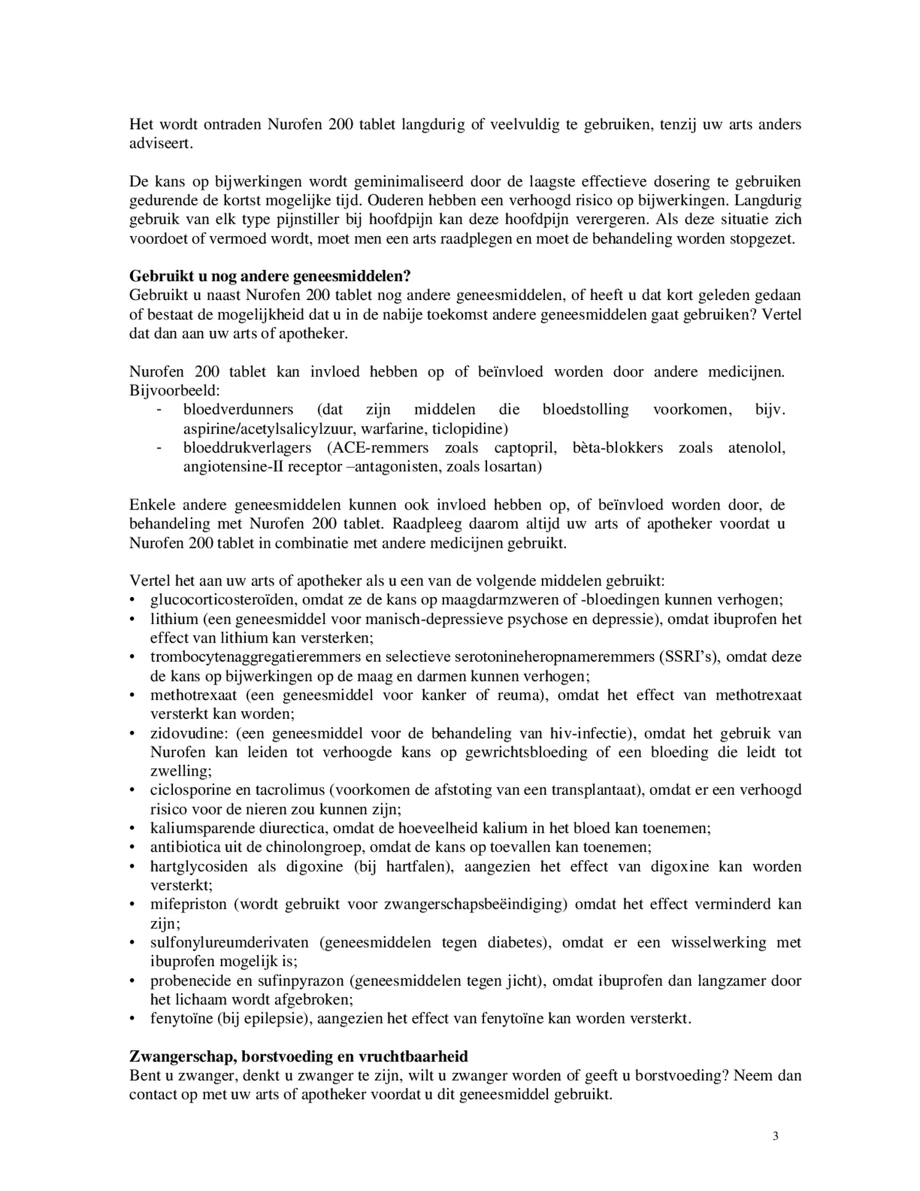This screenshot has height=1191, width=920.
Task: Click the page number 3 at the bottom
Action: tap(775, 1136)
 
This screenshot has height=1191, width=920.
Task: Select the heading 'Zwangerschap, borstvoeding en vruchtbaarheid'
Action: tap(299, 1056)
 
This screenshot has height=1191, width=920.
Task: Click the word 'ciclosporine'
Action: tap(188, 790)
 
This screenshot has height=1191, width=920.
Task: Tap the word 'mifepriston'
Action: tap(188, 904)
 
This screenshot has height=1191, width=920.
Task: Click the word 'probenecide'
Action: tap(189, 980)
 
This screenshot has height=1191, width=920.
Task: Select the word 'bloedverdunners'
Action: tap(238, 409)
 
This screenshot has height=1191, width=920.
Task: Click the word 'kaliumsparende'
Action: tap(197, 828)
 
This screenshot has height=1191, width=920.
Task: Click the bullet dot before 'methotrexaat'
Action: tap(132, 695)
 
